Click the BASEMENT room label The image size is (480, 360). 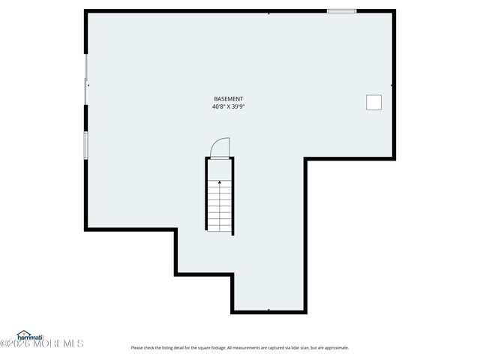tap(228, 99)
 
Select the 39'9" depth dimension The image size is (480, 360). tap(238, 107)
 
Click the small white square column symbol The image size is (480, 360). tap(373, 103)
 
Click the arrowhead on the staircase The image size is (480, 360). tap(220, 181)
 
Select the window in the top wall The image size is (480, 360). tap(341, 10)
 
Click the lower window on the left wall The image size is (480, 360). tap(86, 144)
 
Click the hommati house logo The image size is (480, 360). tap(31, 335)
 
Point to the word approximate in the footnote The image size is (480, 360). tap(337, 348)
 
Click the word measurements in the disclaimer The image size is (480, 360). tap(240, 348)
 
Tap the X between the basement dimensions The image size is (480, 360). tap(228, 107)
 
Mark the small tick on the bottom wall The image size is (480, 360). tap(268, 310)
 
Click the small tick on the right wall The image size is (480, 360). tap(392, 85)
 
